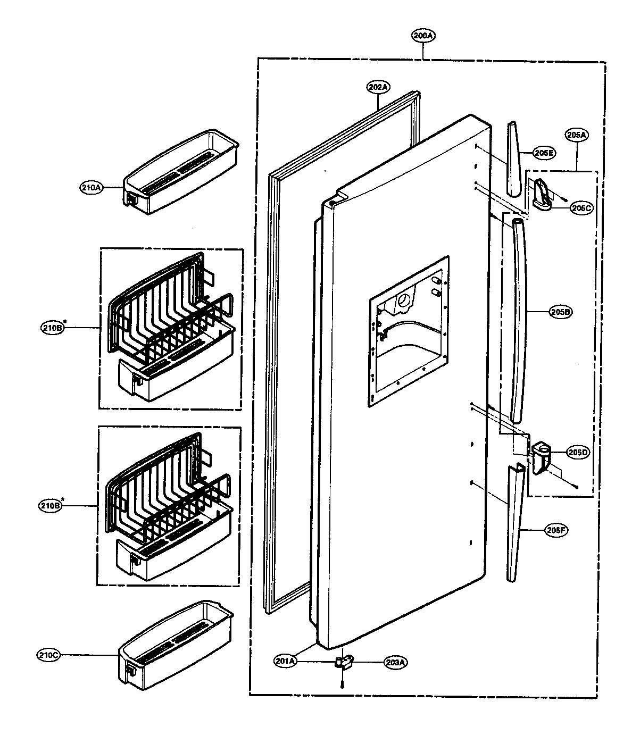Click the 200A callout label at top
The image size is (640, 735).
[x=423, y=36]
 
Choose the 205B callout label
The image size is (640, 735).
[x=561, y=313]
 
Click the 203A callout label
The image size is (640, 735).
[x=395, y=662]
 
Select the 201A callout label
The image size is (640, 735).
[x=285, y=661]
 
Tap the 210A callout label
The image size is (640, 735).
[x=92, y=187]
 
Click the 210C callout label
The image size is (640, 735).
[x=49, y=655]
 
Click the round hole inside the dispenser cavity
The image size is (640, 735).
[x=404, y=301]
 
